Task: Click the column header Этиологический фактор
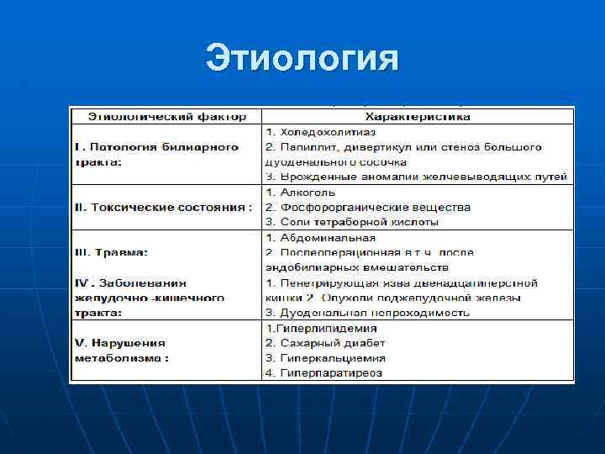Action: click(164, 116)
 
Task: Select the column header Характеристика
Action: click(417, 116)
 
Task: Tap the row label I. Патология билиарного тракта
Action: click(156, 154)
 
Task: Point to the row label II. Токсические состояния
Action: click(163, 207)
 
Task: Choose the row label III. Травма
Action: click(111, 252)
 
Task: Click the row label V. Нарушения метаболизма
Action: click(121, 350)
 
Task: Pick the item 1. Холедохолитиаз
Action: click(322, 133)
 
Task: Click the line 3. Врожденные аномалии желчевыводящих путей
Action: click(417, 177)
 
